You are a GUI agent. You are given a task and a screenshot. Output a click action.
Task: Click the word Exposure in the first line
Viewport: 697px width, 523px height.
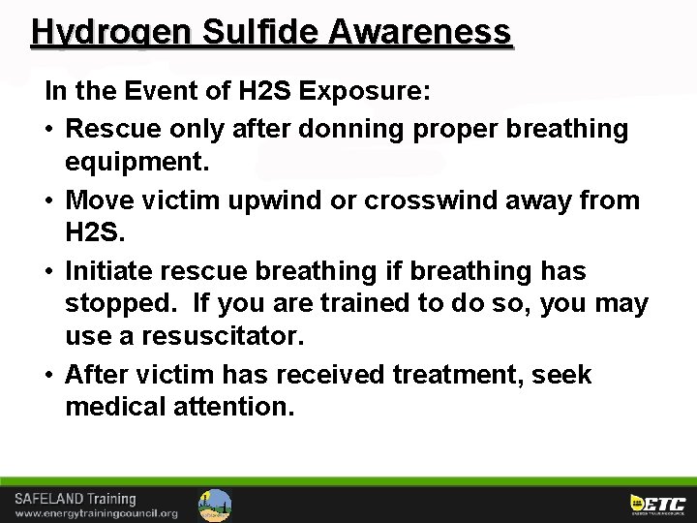(360, 93)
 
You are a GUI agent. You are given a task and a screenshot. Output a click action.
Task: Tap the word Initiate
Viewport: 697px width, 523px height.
(105, 272)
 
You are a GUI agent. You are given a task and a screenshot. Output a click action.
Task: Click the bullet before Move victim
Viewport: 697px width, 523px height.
(50, 200)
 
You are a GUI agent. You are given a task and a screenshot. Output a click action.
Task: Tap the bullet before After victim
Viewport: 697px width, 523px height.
(50, 375)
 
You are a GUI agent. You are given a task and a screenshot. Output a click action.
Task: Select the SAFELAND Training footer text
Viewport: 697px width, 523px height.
(76, 499)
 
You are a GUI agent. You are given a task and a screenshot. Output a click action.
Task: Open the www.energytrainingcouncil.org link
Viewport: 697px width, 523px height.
(96, 513)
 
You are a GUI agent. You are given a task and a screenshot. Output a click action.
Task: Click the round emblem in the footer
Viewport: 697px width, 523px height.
(215, 505)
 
